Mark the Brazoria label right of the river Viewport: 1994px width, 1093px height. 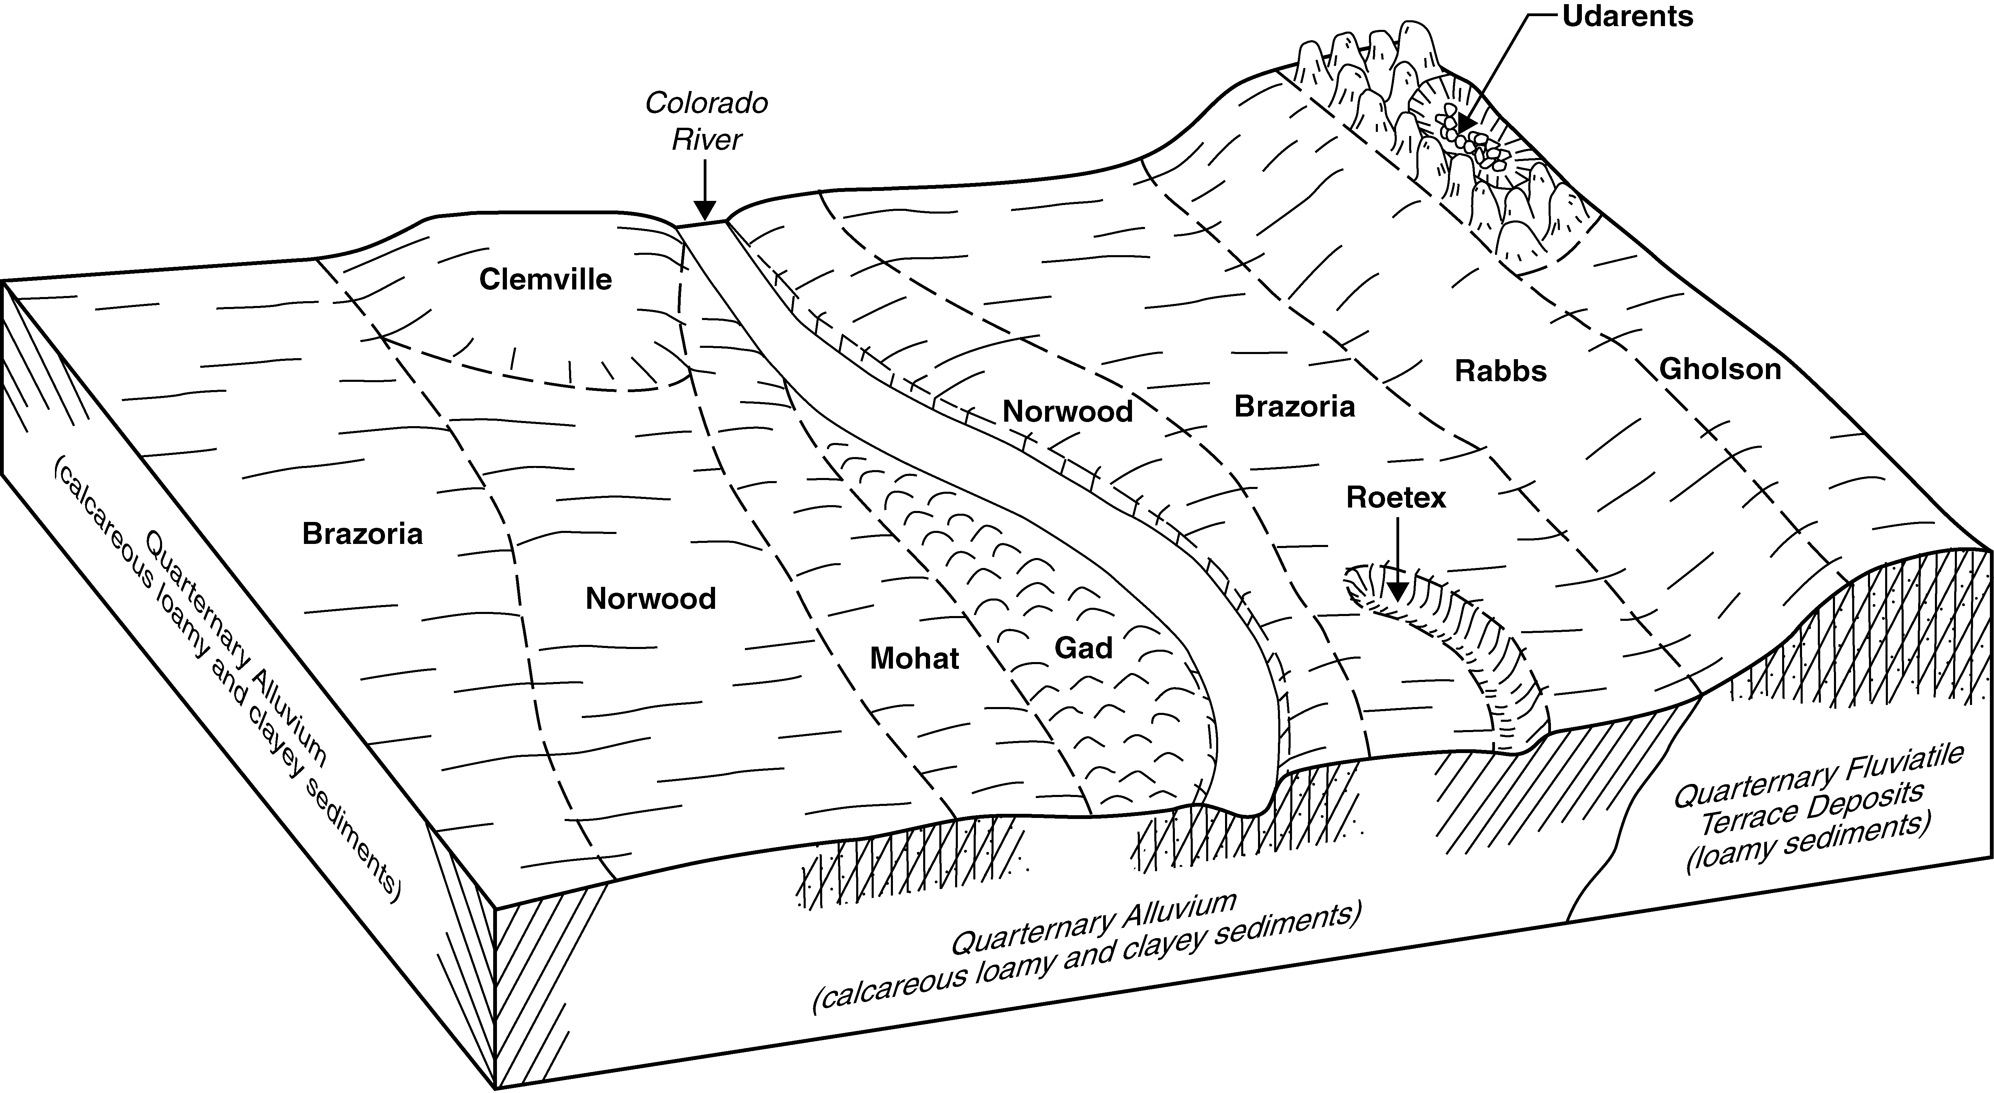tap(1294, 406)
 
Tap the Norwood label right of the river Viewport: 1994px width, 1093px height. tap(1067, 411)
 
